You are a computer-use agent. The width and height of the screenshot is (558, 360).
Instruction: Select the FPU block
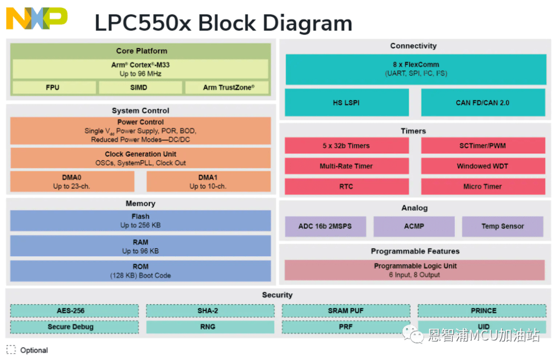click(53, 87)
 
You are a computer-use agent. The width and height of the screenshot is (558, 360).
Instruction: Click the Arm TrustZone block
click(228, 87)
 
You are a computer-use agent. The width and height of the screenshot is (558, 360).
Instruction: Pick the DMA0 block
click(72, 182)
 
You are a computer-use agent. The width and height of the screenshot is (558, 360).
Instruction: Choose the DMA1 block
click(208, 182)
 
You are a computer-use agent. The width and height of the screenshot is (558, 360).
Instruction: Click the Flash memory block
click(140, 221)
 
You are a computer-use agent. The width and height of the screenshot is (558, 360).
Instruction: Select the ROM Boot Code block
click(140, 271)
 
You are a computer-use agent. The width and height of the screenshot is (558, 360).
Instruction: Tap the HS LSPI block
click(346, 102)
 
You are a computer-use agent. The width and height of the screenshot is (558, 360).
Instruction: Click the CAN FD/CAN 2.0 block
click(483, 102)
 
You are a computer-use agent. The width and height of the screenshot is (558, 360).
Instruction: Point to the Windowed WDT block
click(483, 166)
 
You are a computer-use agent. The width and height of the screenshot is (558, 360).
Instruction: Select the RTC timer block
click(346, 186)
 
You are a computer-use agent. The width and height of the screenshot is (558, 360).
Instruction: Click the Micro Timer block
click(483, 186)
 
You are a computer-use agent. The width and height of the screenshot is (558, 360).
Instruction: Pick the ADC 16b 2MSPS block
click(325, 226)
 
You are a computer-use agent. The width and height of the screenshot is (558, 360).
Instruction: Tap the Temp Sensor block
click(502, 226)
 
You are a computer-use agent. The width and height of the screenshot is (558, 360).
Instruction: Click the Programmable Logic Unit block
click(415, 270)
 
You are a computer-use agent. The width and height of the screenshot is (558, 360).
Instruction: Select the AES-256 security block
click(74, 310)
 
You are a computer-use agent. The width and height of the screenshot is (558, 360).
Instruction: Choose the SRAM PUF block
click(346, 310)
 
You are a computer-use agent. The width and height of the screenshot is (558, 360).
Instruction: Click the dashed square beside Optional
click(11, 350)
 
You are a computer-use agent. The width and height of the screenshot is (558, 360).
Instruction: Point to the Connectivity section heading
click(413, 46)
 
